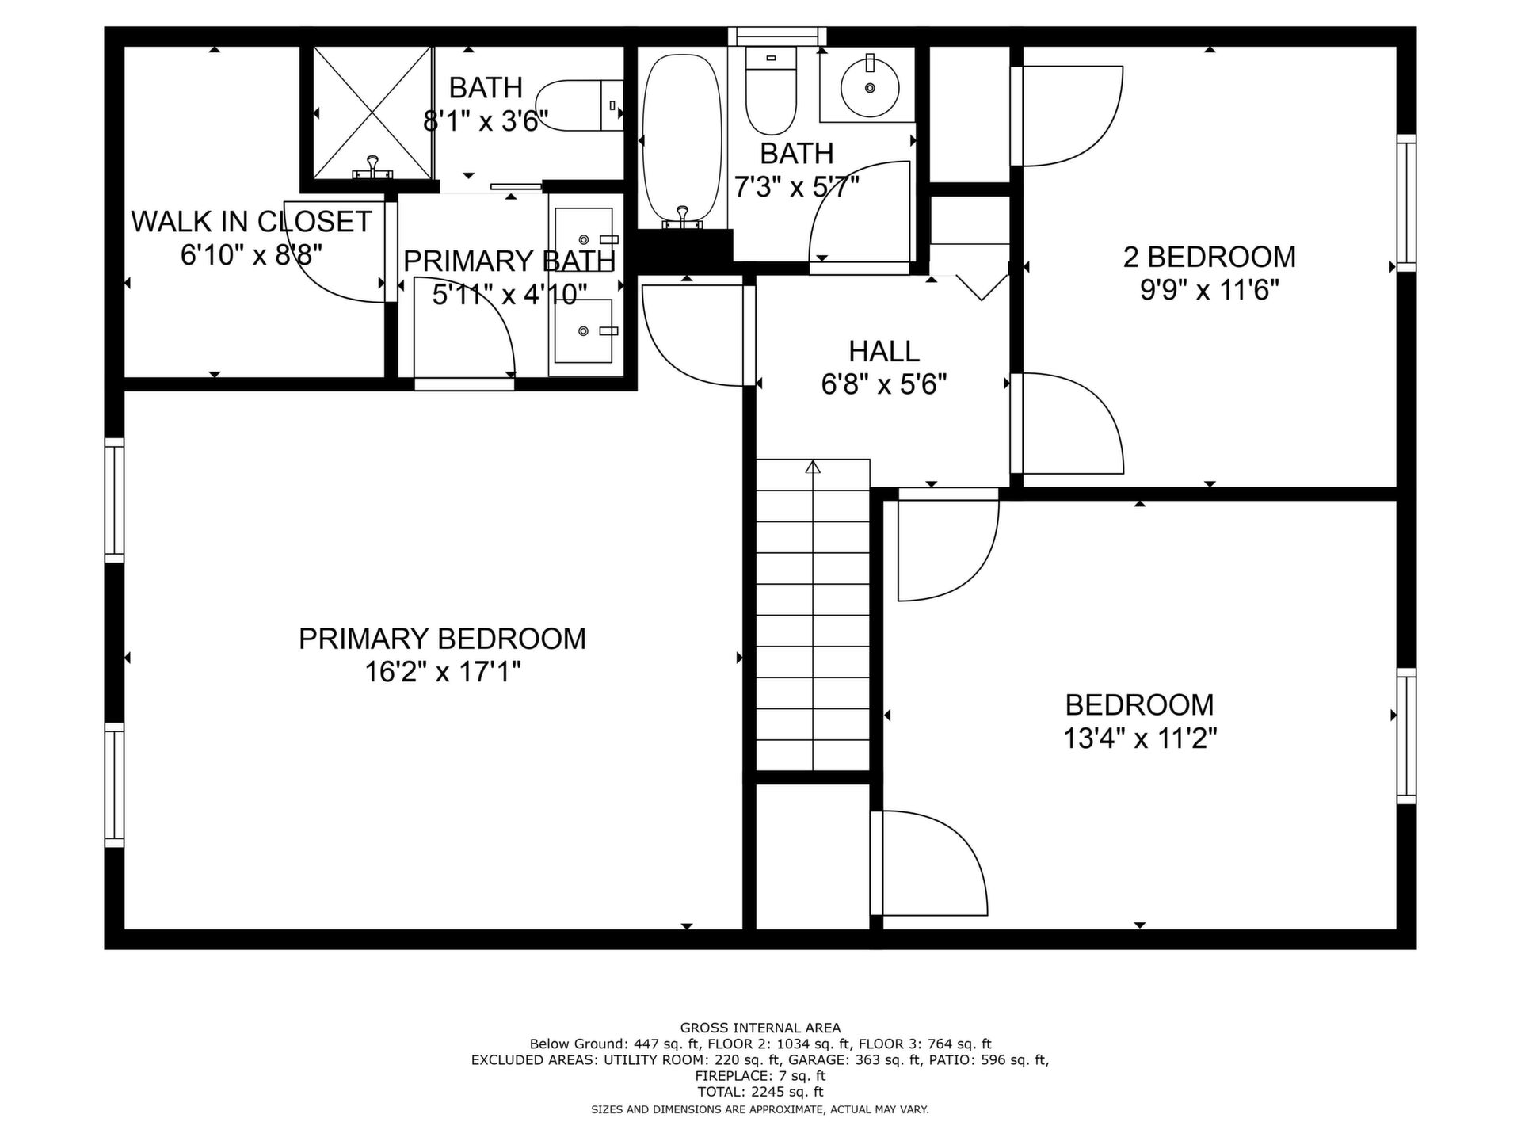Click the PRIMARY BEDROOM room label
tap(442, 639)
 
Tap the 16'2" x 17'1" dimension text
tap(442, 673)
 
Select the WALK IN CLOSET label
tap(251, 222)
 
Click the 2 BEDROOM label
tap(1210, 257)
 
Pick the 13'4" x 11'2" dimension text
tap(1140, 738)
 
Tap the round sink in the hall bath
tap(870, 87)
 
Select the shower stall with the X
tap(373, 113)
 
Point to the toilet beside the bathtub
tap(771, 90)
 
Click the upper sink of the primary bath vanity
tap(585, 239)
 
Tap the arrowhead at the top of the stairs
tap(813, 467)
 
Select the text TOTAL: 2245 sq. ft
tap(760, 1092)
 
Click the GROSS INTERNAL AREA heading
tap(760, 1028)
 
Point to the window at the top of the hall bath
tap(777, 36)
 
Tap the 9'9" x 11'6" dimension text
tap(1210, 291)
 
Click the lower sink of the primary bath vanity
tap(585, 330)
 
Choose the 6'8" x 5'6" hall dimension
tap(884, 385)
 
